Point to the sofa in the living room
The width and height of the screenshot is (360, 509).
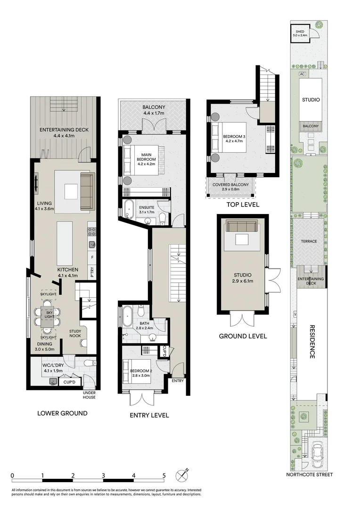87,191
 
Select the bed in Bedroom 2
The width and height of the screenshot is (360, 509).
132,373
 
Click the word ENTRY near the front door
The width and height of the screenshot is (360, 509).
178,381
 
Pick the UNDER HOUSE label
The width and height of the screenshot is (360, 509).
89,395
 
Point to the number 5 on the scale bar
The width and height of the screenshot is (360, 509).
164,476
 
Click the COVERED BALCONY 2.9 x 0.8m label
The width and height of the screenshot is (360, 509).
230,187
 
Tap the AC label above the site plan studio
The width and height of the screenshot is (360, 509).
303,74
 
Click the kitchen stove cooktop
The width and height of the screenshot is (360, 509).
92,231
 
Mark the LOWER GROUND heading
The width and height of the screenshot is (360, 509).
62,413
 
